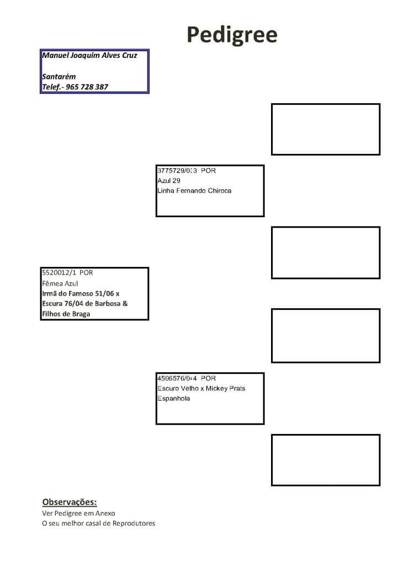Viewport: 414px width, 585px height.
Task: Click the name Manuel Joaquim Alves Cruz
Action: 89,55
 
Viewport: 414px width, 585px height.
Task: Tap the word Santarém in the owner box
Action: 59,77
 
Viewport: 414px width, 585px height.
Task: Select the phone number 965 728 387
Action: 87,87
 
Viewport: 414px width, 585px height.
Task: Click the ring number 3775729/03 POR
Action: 187,170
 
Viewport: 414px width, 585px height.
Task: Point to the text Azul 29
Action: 169,181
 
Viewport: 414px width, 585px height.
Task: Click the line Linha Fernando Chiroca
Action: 194,191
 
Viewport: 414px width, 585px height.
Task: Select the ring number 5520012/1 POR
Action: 67,273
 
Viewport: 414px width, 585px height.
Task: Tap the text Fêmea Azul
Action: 60,283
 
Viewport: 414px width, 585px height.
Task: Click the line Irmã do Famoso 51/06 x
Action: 81,294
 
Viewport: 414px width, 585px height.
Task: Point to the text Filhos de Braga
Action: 66,314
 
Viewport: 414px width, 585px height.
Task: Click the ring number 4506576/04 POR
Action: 187,378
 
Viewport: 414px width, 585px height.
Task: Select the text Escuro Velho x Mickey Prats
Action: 201,388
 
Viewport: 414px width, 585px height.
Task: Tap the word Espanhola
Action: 174,399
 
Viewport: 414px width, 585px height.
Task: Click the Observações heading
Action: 70,502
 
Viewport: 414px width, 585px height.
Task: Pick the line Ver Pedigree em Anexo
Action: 78,513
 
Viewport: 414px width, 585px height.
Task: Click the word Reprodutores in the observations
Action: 134,523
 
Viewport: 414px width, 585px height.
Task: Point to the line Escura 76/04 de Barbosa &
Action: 85,304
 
